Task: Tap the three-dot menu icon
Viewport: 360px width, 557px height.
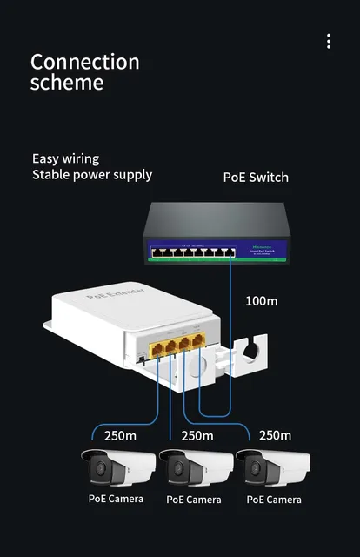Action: (329, 41)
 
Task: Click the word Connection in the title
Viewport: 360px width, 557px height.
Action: (84, 62)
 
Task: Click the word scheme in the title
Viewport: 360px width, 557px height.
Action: (66, 84)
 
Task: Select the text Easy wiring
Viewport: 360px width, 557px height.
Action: (65, 158)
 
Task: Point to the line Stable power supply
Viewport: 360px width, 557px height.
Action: (92, 174)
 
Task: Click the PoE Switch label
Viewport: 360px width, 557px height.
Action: (256, 177)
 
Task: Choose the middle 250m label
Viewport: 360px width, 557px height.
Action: (197, 435)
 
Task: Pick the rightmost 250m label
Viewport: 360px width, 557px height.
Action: (275, 435)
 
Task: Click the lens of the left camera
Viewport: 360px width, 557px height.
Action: (97, 471)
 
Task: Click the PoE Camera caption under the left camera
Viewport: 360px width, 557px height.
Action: (116, 500)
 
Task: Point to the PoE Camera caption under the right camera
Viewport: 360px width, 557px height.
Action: (274, 500)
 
